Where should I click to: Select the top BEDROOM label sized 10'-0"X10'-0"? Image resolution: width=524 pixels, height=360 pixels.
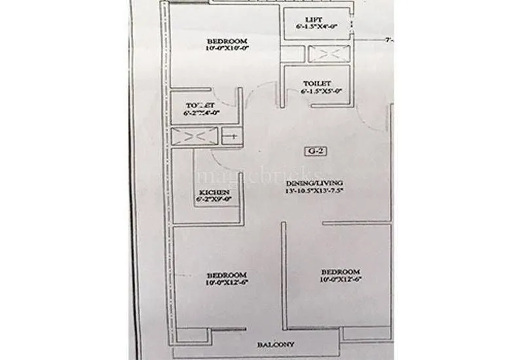coord(226,41)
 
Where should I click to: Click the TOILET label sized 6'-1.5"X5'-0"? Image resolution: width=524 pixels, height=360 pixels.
coord(316,84)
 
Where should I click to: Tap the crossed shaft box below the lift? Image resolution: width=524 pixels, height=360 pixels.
coord(328,54)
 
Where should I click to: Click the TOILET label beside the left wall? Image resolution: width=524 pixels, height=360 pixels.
coord(200,105)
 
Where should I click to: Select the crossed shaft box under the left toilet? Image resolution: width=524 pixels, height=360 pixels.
coord(194,136)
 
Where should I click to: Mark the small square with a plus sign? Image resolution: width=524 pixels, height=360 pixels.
coord(231,136)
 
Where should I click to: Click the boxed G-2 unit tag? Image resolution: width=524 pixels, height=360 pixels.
coord(316,151)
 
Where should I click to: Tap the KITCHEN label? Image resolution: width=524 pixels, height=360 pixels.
coord(214,192)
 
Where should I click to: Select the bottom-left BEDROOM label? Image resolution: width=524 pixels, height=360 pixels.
coord(226,274)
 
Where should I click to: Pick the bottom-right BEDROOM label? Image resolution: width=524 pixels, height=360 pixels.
coord(340,272)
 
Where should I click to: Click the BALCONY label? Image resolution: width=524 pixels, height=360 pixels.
coord(276,344)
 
